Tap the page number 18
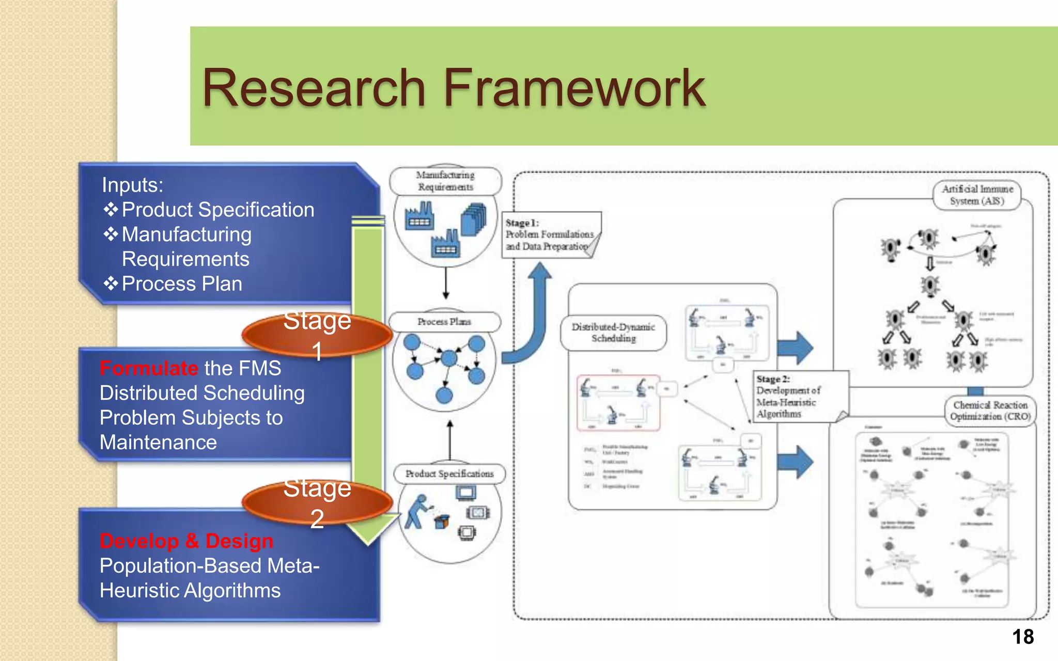pyautogui.click(x=1022, y=637)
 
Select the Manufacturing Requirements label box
pyautogui.click(x=445, y=181)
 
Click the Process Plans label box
pyautogui.click(x=444, y=322)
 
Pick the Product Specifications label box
pyautogui.click(x=449, y=474)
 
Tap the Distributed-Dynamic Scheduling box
pyautogui.click(x=613, y=333)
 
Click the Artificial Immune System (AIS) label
pyautogui.click(x=977, y=195)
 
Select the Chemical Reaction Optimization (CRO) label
pyautogui.click(x=990, y=411)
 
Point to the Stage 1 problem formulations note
pyautogui.click(x=550, y=234)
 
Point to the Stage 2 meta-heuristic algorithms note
pyautogui.click(x=796, y=396)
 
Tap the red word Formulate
pyautogui.click(x=149, y=368)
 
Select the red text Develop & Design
pyautogui.click(x=186, y=541)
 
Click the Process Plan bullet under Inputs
pyautogui.click(x=181, y=284)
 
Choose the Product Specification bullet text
pyautogui.click(x=217, y=210)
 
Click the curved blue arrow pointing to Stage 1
pyautogui.click(x=532, y=320)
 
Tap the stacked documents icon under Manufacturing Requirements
pyautogui.click(x=474, y=218)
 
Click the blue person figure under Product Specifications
pyautogui.click(x=418, y=511)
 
